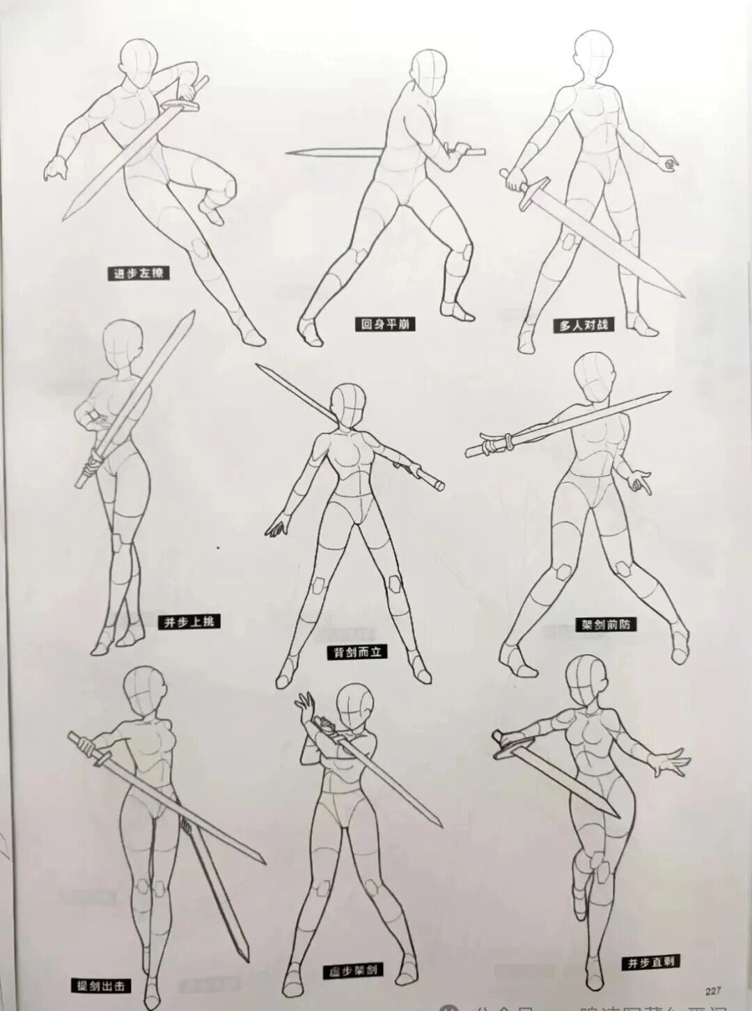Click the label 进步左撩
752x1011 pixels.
coord(139,273)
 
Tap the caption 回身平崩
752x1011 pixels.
coord(384,324)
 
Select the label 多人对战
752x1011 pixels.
coord(583,324)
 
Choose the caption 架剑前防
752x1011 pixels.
coord(606,624)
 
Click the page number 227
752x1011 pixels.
coord(713,992)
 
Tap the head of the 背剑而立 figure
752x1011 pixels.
coord(347,403)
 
